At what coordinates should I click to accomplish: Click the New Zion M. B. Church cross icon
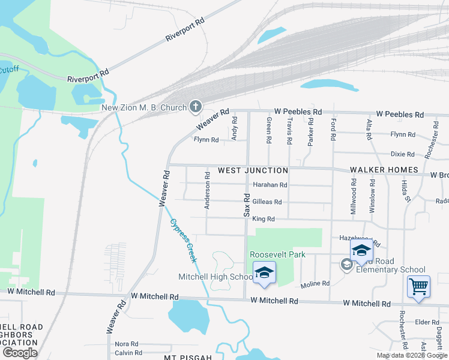tap(195, 107)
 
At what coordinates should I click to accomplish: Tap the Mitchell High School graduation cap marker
tap(264, 273)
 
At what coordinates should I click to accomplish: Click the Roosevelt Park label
tap(278, 254)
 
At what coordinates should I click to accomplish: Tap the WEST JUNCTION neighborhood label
tap(253, 171)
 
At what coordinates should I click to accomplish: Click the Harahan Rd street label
tap(270, 185)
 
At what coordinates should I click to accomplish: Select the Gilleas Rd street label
tap(267, 202)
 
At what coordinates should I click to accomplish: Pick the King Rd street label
tap(263, 220)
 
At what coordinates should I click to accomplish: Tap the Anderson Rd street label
tap(207, 191)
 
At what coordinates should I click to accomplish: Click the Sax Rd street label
tap(246, 205)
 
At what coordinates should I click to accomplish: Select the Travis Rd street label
tap(289, 131)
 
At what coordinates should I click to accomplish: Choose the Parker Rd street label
tap(311, 131)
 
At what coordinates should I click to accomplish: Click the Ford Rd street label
tap(333, 130)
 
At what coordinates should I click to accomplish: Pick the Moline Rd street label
tap(315, 284)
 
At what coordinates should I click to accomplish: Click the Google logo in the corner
tap(20, 353)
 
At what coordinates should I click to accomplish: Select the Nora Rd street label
tap(127, 344)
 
